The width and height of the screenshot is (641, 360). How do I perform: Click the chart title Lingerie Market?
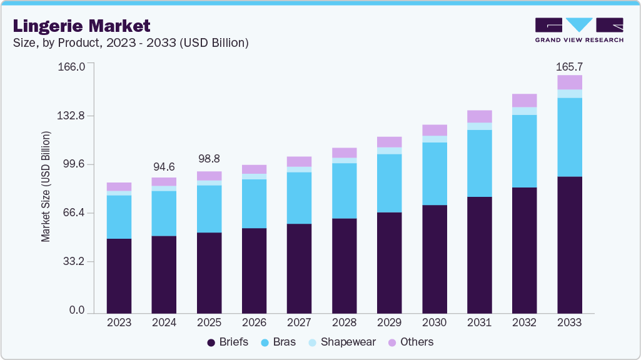coord(81,26)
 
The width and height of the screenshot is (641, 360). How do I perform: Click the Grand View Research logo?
coord(578,29)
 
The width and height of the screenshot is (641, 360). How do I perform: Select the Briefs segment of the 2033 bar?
coord(570,244)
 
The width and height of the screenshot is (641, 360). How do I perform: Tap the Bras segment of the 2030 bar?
coord(435,174)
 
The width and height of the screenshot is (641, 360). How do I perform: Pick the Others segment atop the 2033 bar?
coord(570,82)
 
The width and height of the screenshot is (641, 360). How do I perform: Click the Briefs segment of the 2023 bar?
coord(119,276)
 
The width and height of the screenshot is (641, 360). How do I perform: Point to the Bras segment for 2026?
coord(254,204)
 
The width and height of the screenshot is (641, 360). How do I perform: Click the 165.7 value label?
coord(569,66)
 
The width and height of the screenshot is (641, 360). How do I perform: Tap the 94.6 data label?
coord(164,167)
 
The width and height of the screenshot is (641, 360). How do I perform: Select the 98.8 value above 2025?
coord(209,159)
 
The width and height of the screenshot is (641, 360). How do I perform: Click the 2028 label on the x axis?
coord(344,322)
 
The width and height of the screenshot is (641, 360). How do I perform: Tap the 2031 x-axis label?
coord(479,322)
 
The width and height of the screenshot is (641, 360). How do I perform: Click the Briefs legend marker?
coord(211,342)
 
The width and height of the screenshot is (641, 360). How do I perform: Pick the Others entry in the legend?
coord(410,342)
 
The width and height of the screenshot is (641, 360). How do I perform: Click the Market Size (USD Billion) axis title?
coord(46,187)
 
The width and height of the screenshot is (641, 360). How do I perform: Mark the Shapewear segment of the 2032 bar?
coord(525,111)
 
